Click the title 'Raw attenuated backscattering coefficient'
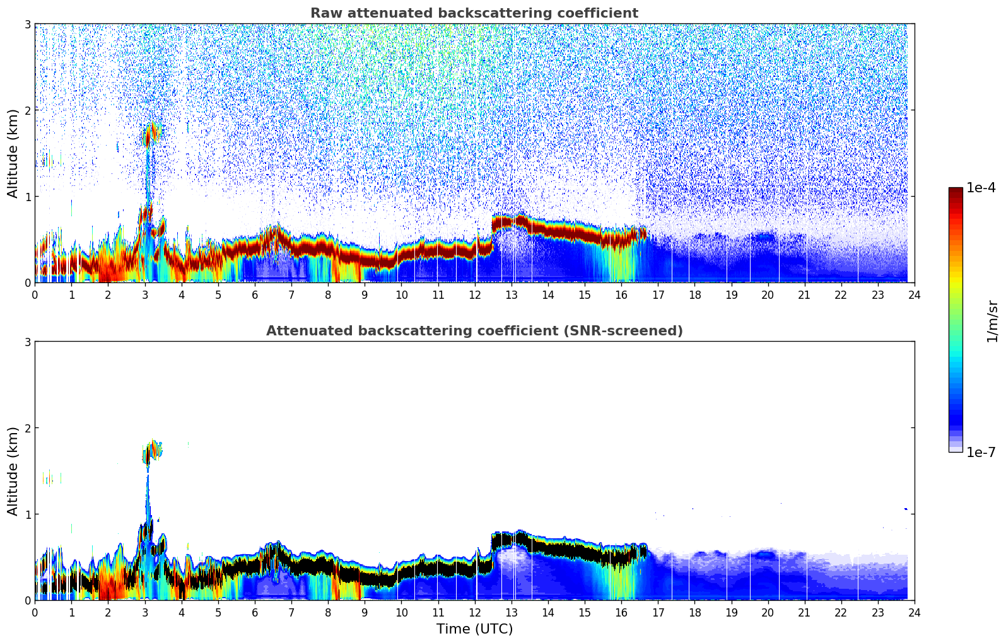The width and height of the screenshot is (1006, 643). coord(474,13)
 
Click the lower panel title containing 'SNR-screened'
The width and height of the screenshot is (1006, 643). coord(474,331)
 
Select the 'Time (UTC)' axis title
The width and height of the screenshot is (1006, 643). coord(474,629)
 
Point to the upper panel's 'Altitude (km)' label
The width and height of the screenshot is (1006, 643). coord(13,153)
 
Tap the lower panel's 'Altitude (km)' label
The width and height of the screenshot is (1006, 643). coord(13,471)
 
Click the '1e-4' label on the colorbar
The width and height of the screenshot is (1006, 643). coord(981,188)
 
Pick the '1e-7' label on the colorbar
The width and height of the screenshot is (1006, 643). coord(981,452)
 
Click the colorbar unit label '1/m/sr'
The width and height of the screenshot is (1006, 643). coord(992,320)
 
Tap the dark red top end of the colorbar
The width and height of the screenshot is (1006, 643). coord(956,191)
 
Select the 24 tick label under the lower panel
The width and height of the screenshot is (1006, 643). coord(914,612)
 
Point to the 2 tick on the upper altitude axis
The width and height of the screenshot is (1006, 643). coord(26,110)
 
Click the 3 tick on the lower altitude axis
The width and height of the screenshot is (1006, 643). coord(26,342)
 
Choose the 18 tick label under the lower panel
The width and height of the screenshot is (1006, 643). coord(694,612)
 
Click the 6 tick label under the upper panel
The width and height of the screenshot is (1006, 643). coord(255,294)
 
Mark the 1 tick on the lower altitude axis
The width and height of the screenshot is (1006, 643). coord(26,514)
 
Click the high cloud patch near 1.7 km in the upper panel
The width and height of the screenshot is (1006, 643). coord(151,134)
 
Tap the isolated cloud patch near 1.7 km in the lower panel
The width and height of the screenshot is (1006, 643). coord(152,451)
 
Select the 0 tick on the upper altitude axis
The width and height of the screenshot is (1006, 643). coord(26,282)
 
